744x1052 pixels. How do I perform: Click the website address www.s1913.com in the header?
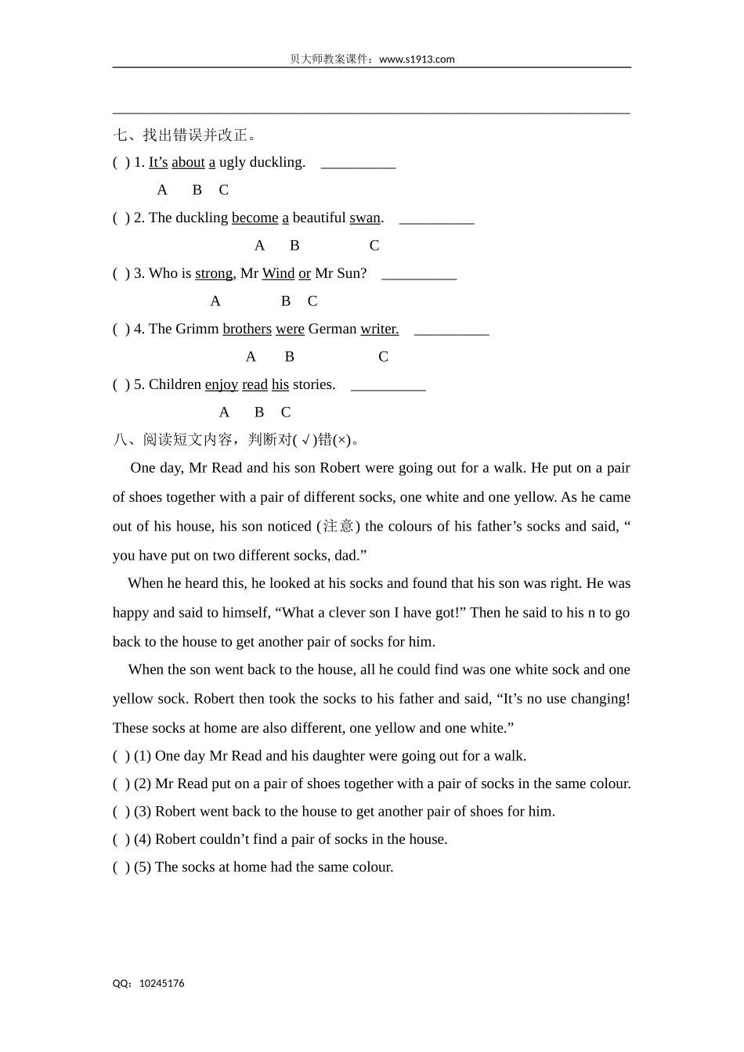pos(416,59)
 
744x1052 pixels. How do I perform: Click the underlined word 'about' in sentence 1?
pos(188,162)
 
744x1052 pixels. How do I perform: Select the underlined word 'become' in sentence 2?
pos(255,218)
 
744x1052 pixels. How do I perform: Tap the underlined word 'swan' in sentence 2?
pos(365,218)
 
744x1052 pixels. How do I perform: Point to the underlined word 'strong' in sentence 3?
pos(214,273)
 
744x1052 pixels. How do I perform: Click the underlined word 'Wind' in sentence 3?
pos(278,273)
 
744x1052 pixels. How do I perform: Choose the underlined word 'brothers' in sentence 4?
pos(247,329)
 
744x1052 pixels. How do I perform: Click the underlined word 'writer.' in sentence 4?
pos(379,329)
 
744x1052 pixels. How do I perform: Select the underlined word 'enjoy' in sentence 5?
pos(221,384)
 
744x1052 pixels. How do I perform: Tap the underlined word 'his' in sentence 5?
pos(280,384)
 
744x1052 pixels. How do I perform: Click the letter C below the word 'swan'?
pos(374,246)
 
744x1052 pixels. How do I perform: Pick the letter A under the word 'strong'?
pos(215,301)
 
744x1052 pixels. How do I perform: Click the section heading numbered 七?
pos(185,135)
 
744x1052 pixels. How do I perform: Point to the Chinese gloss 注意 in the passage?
pos(338,526)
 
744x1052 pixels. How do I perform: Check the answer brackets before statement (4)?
pos(121,839)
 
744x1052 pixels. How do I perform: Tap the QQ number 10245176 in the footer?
pos(161,983)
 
